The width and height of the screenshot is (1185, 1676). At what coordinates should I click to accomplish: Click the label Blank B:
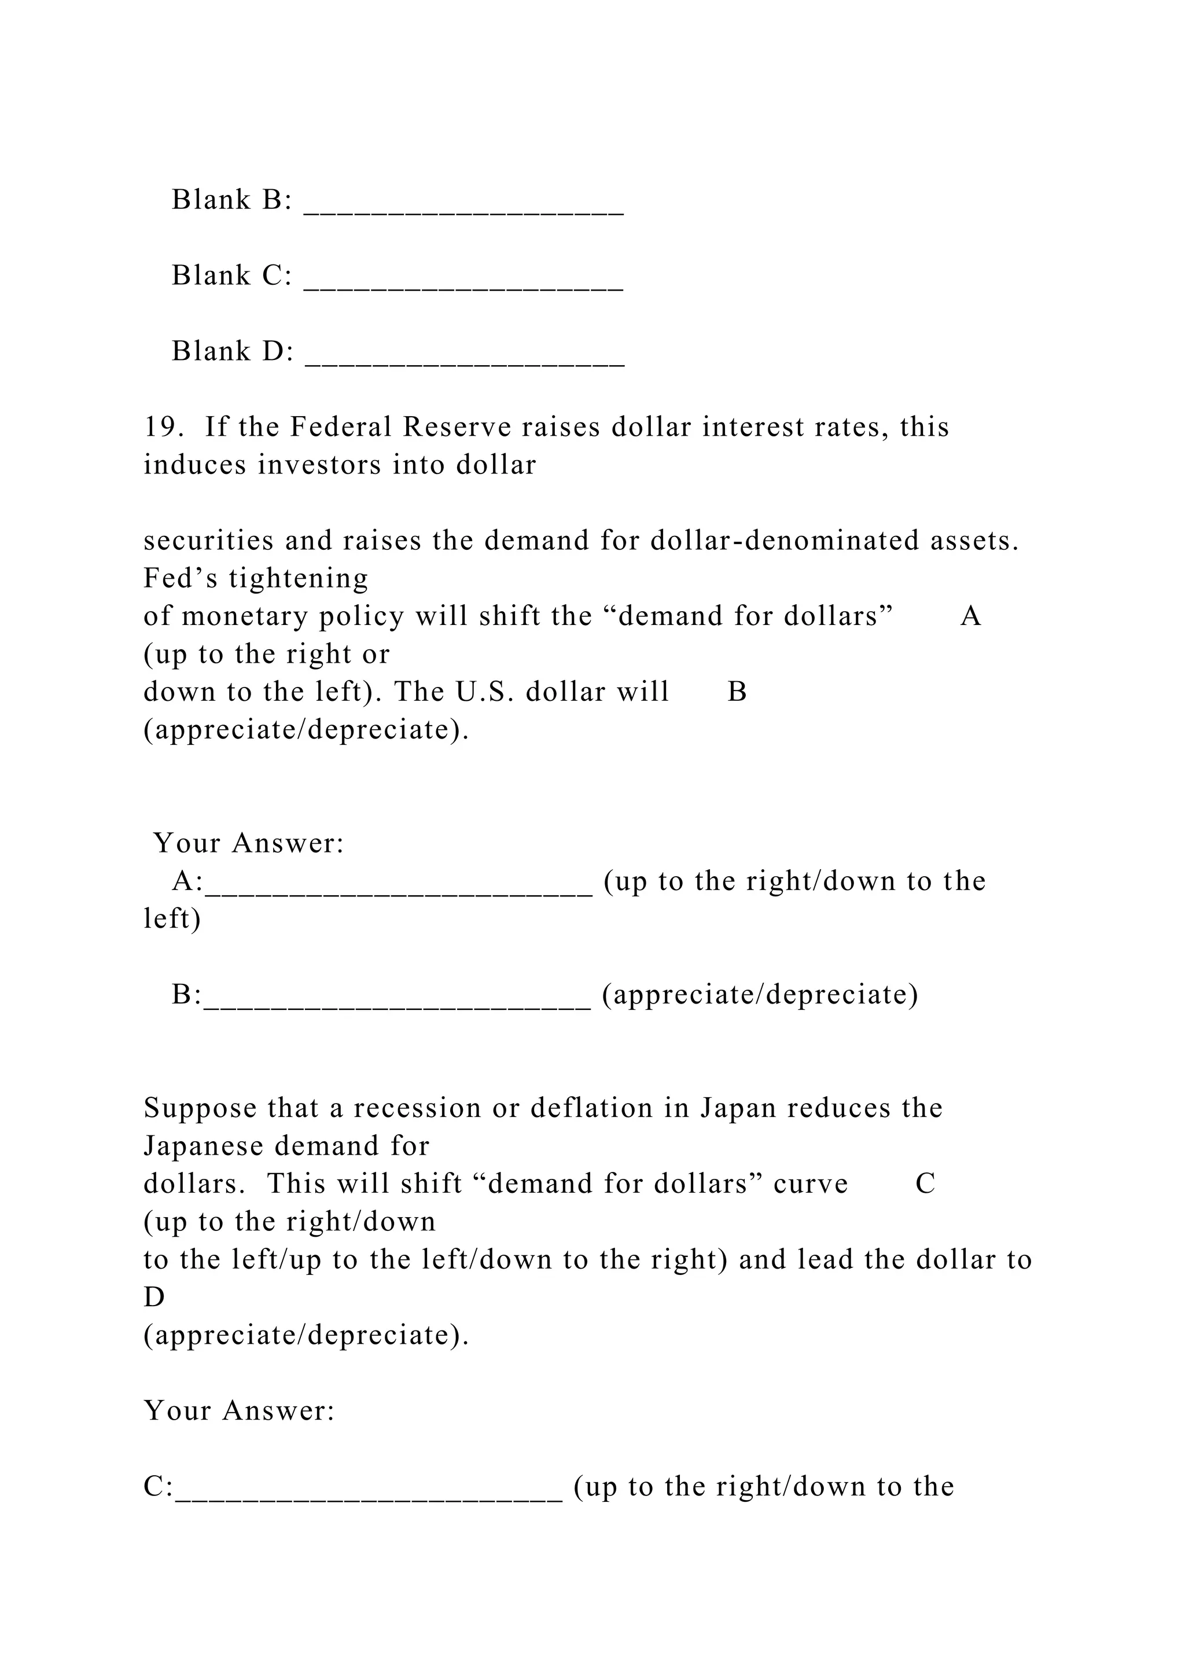(231, 199)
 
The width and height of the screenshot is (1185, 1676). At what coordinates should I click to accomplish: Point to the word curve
(811, 1184)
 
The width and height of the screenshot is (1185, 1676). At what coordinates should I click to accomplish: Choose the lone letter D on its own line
(154, 1297)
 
